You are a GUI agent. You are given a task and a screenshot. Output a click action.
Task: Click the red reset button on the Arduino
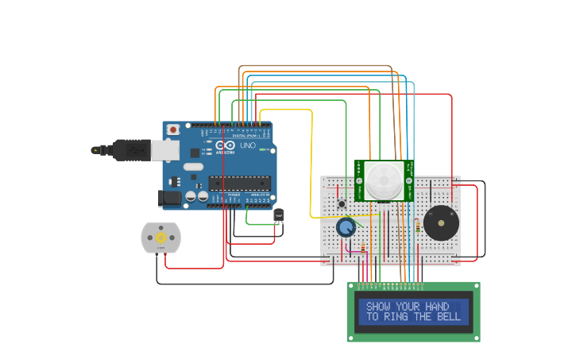click(x=173, y=129)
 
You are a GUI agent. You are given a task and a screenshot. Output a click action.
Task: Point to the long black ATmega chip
click(x=240, y=184)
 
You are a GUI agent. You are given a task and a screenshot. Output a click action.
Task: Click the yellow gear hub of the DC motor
click(x=161, y=238)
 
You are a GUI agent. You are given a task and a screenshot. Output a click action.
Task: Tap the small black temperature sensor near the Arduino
click(x=279, y=215)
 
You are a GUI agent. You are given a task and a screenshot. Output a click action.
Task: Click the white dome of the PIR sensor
click(x=383, y=181)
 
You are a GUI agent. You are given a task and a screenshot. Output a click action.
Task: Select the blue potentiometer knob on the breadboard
click(x=346, y=228)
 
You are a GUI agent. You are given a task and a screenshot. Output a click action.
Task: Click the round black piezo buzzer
click(x=440, y=223)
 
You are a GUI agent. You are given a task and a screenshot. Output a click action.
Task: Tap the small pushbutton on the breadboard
click(x=342, y=204)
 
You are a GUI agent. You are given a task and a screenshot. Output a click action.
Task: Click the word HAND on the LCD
click(x=435, y=307)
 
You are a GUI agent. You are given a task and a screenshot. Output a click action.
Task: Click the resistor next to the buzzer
click(x=417, y=226)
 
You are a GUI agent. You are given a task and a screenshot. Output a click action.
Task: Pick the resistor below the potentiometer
click(x=363, y=250)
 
